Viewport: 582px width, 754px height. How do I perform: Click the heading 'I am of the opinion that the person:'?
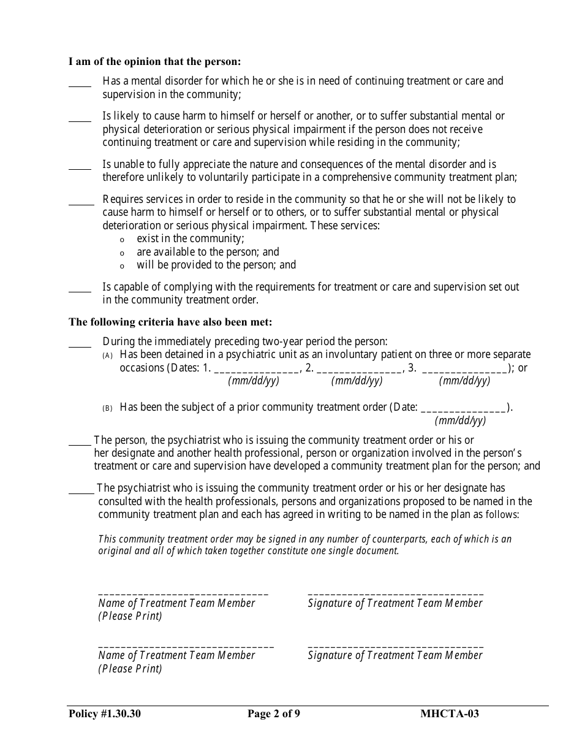point(154,61)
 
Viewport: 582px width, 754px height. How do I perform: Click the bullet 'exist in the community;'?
point(190,238)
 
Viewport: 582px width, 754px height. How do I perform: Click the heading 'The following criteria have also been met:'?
point(170,322)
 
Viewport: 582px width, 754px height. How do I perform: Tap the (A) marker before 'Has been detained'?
point(108,356)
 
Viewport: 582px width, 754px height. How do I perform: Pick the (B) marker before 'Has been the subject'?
point(108,408)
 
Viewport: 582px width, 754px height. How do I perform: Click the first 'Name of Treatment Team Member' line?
point(183,592)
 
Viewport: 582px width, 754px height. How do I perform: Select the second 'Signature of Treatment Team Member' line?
point(395,644)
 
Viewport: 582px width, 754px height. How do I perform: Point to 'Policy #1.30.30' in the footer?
point(105,713)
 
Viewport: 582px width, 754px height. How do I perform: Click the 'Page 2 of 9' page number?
point(274,713)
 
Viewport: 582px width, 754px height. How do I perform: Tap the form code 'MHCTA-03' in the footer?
point(450,713)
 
